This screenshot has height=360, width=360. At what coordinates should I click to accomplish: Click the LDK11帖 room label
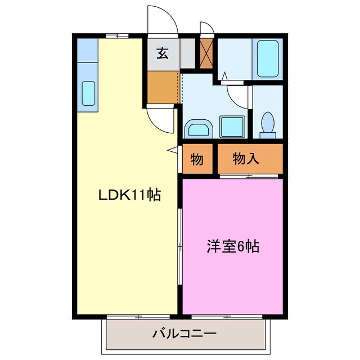130,196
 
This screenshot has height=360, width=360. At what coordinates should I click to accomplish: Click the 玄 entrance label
162,54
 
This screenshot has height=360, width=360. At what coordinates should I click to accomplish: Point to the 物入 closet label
246,159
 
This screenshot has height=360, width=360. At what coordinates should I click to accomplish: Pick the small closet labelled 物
196,159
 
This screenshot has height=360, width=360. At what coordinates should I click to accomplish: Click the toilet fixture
268,123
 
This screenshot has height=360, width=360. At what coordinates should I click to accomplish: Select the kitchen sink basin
88,93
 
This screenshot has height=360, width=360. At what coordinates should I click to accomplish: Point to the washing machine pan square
232,126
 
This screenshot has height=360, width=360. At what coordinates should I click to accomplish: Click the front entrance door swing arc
163,22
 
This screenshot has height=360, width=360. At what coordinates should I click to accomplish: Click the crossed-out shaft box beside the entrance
206,53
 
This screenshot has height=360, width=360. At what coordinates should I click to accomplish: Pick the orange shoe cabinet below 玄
163,87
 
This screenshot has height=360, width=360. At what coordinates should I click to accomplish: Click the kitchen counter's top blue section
88,51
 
